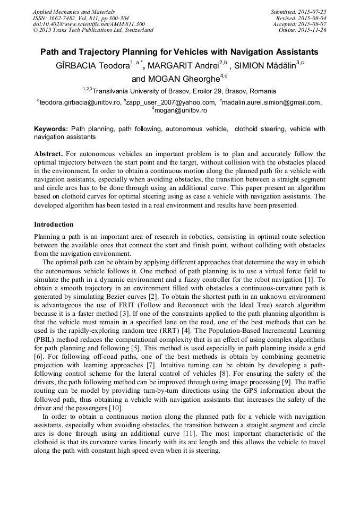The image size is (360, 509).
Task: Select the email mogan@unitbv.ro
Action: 180,110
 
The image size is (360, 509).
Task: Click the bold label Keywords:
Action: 51,129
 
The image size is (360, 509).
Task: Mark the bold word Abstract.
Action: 48,154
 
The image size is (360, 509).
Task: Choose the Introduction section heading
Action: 54,225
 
